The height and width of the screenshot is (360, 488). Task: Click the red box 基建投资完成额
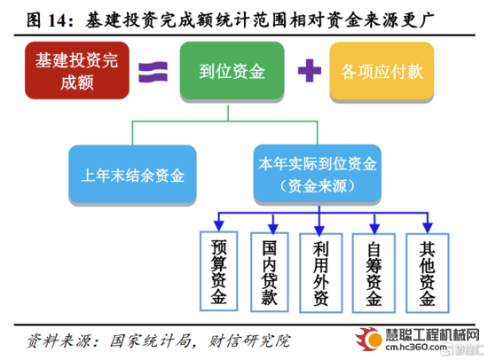pyautogui.click(x=77, y=70)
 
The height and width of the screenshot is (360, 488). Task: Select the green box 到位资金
pyautogui.click(x=232, y=70)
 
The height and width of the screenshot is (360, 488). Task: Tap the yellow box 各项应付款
pyautogui.click(x=382, y=71)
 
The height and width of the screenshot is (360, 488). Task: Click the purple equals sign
pyautogui.click(x=153, y=72)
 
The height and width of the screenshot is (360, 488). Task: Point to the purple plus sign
pyautogui.click(x=310, y=70)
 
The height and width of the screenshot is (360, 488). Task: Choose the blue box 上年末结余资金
pyautogui.click(x=132, y=174)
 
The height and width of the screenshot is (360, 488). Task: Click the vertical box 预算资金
pyautogui.click(x=218, y=271)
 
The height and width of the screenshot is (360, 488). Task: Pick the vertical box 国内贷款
pyautogui.click(x=270, y=272)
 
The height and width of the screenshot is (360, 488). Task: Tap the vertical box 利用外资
pyautogui.click(x=321, y=273)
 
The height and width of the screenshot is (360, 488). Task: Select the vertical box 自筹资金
pyautogui.click(x=374, y=273)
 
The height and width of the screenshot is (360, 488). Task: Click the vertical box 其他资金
pyautogui.click(x=428, y=273)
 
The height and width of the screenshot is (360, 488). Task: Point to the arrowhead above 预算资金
pyautogui.click(x=219, y=226)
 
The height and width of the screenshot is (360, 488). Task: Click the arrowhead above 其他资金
pyautogui.click(x=428, y=228)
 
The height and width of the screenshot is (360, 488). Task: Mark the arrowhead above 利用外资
pyautogui.click(x=319, y=231)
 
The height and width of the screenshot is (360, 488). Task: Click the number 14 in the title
pyautogui.click(x=58, y=20)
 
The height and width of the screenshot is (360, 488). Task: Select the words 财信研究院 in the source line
pyautogui.click(x=249, y=340)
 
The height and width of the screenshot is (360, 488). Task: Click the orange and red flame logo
pyautogui.click(x=368, y=339)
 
